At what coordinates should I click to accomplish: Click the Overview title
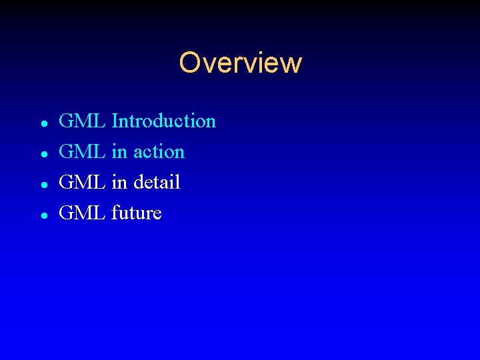240,63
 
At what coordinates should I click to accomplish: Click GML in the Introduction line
82,121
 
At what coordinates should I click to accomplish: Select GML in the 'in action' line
82,152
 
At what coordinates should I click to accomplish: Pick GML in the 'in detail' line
82,183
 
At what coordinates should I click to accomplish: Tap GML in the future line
82,213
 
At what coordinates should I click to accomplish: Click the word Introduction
164,121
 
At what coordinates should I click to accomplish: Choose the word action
159,152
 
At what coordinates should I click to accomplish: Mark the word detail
157,183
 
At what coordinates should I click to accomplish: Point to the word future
137,213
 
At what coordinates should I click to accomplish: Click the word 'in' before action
119,152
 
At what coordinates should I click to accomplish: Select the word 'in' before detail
119,183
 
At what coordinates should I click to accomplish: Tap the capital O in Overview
189,63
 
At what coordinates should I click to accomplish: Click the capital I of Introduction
115,121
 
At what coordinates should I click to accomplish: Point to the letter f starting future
115,213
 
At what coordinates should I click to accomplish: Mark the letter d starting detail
139,183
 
